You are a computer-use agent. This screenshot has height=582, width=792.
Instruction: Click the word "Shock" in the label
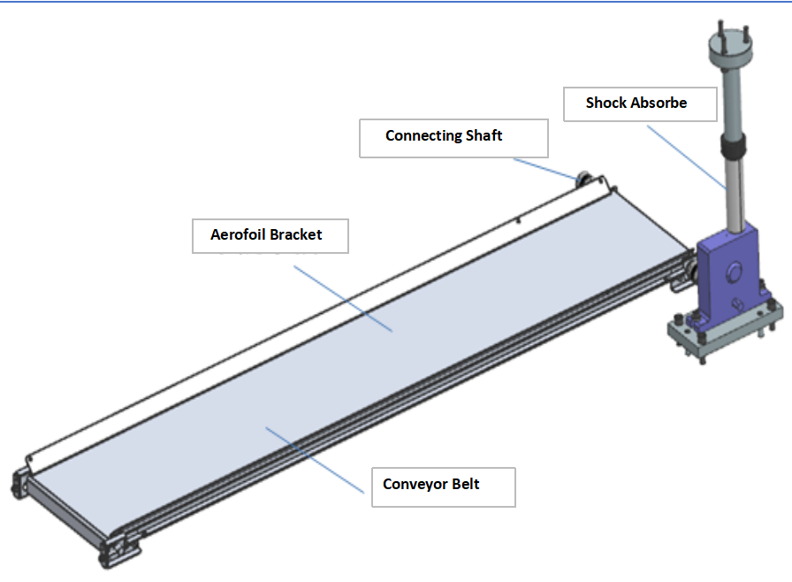point(605,103)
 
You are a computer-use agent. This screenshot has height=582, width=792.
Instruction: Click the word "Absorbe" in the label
point(657,103)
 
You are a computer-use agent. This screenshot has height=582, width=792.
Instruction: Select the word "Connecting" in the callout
point(424,136)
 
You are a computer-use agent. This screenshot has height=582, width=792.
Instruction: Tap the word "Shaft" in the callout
point(484,136)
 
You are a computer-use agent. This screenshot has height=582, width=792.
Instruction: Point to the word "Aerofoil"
point(238,235)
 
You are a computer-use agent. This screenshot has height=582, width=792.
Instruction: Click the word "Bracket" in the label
point(296,235)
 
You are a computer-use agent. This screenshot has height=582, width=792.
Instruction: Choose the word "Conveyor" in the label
point(416,485)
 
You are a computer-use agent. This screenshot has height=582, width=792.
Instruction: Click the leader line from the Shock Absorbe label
point(689,156)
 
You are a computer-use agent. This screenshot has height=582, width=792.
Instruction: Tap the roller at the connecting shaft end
point(583,180)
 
